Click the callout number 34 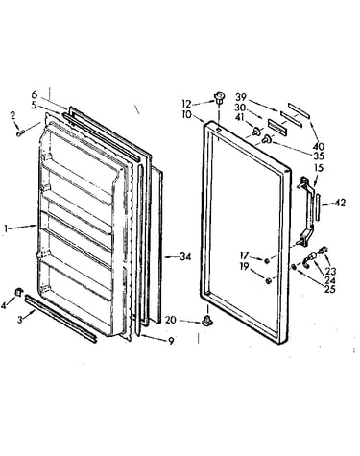click(185, 256)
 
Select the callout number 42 click(340, 203)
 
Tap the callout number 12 click(186, 104)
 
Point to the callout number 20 click(171, 320)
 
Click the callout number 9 click(171, 341)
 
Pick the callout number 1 click(5, 228)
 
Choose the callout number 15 click(319, 168)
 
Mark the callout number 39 click(242, 97)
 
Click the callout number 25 click(330, 289)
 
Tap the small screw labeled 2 click(21, 132)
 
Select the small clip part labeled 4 click(19, 292)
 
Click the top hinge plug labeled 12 click(219, 96)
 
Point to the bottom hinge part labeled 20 click(207, 321)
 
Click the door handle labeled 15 click(304, 212)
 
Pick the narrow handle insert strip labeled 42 click(317, 207)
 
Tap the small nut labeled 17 click(267, 260)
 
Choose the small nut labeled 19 click(268, 281)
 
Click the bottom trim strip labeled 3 click(60, 319)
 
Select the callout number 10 click(186, 114)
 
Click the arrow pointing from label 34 click(172, 256)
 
